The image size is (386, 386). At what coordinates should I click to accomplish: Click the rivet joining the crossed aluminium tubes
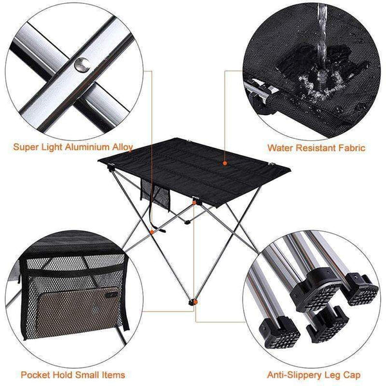tap(81, 64)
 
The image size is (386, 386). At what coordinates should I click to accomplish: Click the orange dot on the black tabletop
tap(225, 163)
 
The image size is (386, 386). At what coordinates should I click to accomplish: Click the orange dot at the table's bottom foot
tap(192, 301)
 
